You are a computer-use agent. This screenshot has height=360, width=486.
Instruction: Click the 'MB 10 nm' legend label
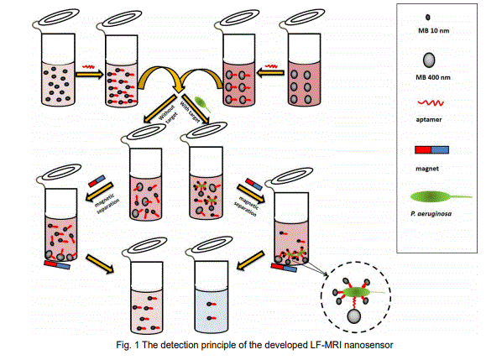click(433, 31)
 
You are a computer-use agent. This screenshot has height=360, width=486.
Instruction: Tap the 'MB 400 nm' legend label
click(433, 77)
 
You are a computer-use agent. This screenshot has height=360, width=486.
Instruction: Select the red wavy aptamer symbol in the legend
click(431, 103)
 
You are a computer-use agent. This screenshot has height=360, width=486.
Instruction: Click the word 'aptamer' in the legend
click(429, 120)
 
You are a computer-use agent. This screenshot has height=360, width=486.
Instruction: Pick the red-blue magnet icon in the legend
click(431, 150)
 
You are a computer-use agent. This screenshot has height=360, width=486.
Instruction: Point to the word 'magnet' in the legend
click(427, 169)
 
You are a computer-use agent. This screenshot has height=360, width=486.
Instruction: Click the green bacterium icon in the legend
click(441, 196)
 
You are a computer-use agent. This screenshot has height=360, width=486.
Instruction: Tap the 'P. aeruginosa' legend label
click(431, 214)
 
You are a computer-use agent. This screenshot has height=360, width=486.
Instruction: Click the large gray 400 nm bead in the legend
click(429, 60)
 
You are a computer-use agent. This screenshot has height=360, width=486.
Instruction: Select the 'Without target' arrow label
click(168, 114)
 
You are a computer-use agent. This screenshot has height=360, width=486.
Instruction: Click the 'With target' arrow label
click(190, 112)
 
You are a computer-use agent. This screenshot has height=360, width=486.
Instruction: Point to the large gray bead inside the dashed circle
click(354, 316)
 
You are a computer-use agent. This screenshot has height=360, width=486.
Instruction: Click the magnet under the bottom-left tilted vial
click(57, 265)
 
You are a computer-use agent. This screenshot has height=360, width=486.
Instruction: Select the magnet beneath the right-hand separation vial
click(284, 268)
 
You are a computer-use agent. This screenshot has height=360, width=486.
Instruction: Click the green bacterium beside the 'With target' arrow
click(202, 104)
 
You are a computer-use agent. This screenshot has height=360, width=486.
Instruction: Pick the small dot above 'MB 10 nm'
click(428, 18)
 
